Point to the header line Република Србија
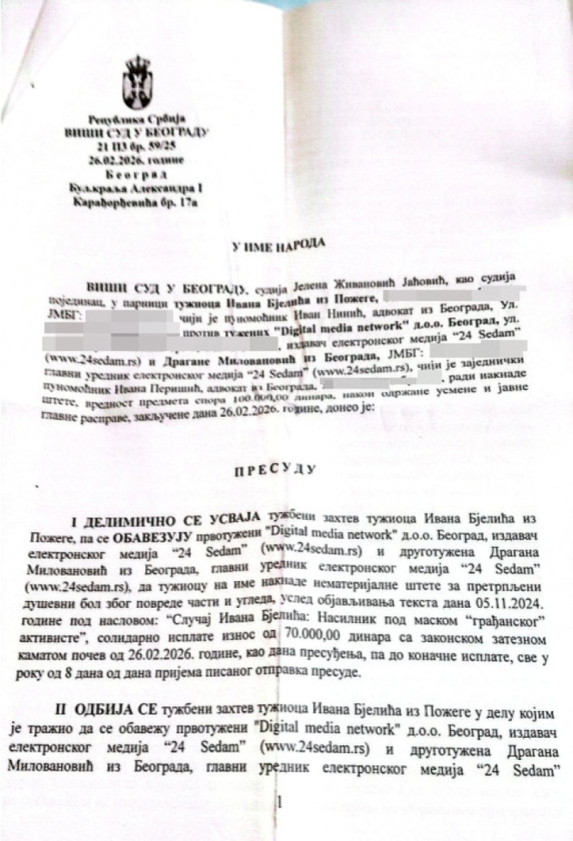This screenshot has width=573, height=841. pos(136,119)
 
